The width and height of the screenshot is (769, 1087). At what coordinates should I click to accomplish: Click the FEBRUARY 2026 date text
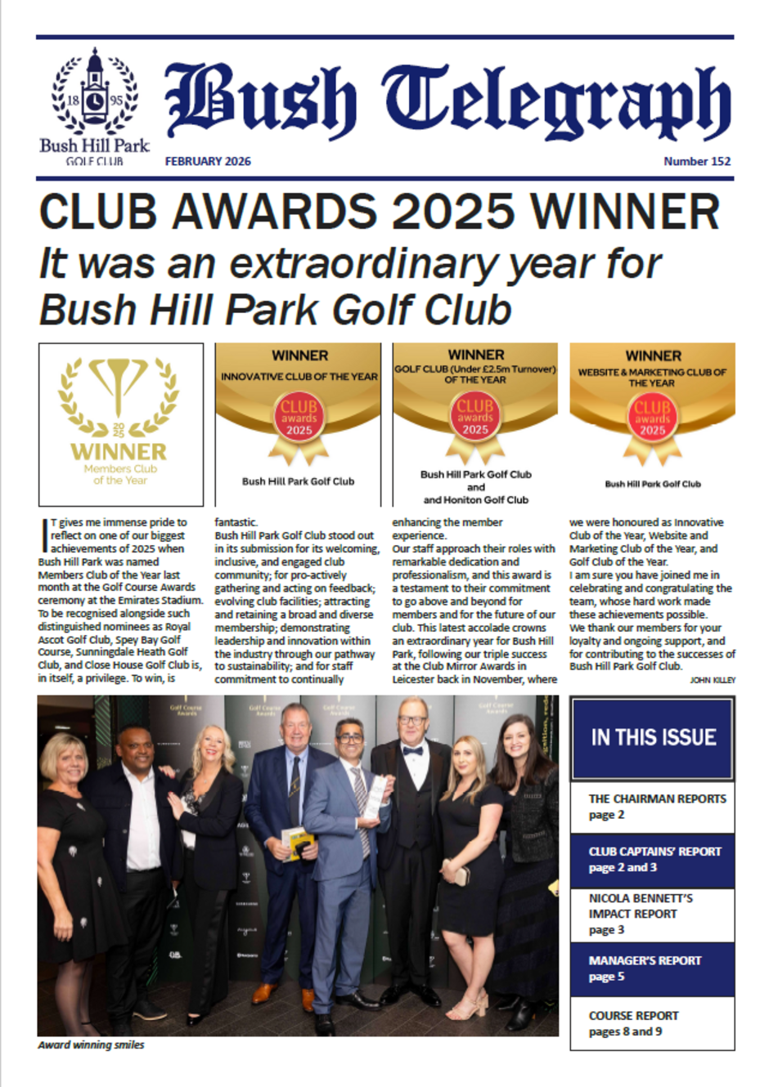(208, 161)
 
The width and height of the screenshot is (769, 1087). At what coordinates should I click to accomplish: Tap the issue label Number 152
(697, 161)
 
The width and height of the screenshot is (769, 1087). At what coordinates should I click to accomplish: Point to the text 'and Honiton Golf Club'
(475, 499)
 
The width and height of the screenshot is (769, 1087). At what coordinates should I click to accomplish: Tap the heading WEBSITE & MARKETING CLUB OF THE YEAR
(652, 377)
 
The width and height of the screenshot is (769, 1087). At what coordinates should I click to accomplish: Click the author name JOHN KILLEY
(713, 680)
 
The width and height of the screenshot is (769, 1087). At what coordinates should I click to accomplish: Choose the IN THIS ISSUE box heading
(653, 737)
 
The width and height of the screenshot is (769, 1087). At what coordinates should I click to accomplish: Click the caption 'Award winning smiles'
(91, 1045)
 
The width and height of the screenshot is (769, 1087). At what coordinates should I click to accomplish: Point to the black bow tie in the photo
(414, 750)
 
